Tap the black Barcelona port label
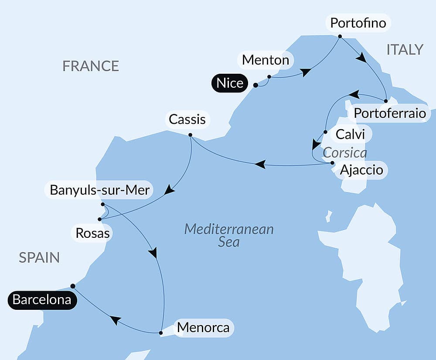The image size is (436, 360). pyautogui.click(x=42, y=300)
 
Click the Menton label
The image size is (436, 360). pyautogui.click(x=266, y=60)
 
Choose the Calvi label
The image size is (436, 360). pyautogui.click(x=350, y=134)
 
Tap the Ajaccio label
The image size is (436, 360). pyautogui.click(x=361, y=169)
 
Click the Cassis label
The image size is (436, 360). pyautogui.click(x=187, y=119)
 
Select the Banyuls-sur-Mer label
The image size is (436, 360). pyautogui.click(x=100, y=190)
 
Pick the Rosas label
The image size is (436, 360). pyautogui.click(x=92, y=233)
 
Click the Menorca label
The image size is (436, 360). pyautogui.click(x=203, y=327)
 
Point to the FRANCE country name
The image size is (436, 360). pyautogui.click(x=91, y=66)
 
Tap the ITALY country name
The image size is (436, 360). pyautogui.click(x=405, y=50)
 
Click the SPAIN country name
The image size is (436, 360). pyautogui.click(x=39, y=257)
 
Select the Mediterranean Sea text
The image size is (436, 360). pyautogui.click(x=229, y=235)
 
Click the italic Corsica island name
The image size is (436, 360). pyautogui.click(x=345, y=153)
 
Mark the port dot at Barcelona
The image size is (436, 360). pyautogui.click(x=73, y=286)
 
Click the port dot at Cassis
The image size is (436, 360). pyautogui.click(x=190, y=134)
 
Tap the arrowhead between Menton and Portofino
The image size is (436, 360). pyautogui.click(x=306, y=72)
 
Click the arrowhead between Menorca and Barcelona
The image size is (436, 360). pyautogui.click(x=115, y=320)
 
